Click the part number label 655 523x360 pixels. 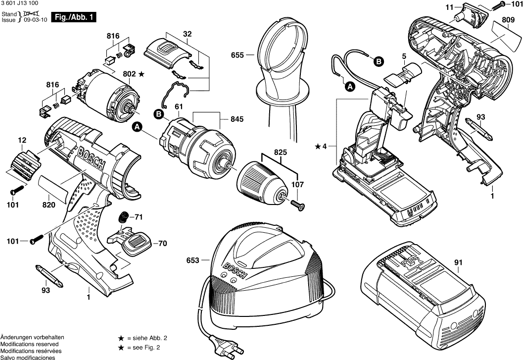tap(238, 55)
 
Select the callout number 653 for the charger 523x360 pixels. tap(193, 260)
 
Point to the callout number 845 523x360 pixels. tap(237, 119)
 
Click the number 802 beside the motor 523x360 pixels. tap(129, 74)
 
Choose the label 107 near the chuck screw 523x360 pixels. tap(297, 185)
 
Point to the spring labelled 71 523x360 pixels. tap(125, 217)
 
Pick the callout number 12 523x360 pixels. tap(22, 141)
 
